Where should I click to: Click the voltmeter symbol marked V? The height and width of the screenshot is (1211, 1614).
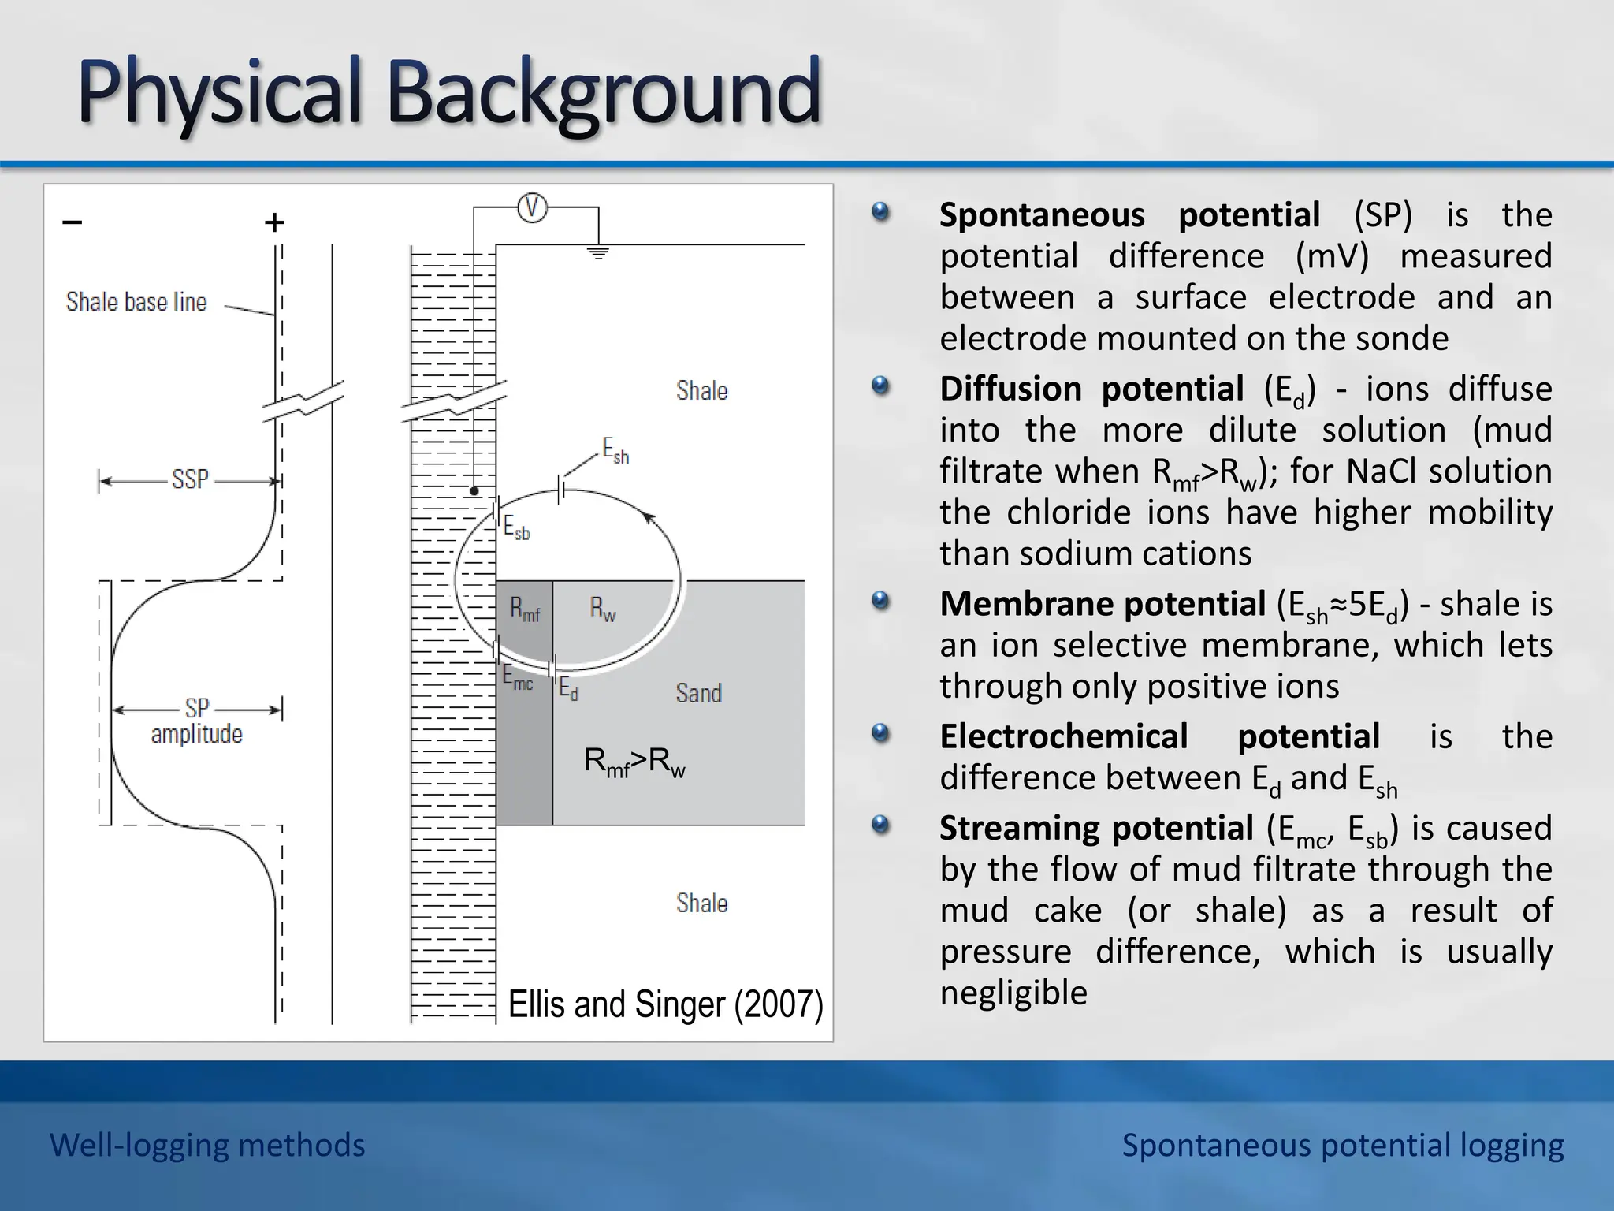click(532, 208)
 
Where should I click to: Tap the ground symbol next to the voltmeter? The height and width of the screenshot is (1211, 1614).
click(599, 253)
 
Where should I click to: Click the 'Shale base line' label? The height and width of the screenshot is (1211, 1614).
click(136, 302)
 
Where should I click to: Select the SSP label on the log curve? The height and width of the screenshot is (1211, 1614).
click(190, 479)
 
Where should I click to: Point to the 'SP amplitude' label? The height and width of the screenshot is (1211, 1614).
click(196, 721)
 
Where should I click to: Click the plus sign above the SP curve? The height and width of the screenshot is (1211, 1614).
click(274, 223)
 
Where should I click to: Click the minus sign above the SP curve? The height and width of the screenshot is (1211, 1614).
click(73, 222)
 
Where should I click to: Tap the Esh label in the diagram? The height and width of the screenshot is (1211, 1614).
click(615, 451)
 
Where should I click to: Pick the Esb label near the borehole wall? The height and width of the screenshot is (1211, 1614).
click(516, 527)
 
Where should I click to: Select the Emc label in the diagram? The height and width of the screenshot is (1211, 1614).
click(517, 678)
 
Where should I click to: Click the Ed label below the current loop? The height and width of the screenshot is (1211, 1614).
click(568, 689)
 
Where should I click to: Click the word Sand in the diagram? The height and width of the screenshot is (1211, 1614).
click(698, 694)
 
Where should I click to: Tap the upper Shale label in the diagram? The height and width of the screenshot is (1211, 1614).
click(701, 391)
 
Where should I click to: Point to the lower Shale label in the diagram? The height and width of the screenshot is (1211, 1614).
click(701, 904)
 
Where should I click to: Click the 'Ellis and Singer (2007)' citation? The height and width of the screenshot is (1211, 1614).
click(665, 1004)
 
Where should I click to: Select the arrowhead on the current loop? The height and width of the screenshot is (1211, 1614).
click(649, 518)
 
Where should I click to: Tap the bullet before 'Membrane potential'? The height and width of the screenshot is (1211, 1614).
click(880, 602)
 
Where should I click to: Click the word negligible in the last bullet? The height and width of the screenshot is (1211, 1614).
click(1013, 993)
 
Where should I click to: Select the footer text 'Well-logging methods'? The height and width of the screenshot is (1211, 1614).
click(207, 1145)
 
